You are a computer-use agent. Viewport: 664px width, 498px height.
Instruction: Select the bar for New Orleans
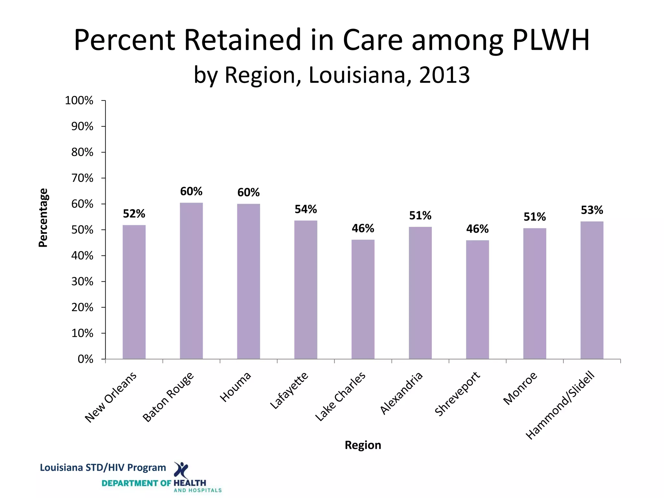(134, 292)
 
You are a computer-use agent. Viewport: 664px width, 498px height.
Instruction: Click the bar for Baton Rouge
(191, 281)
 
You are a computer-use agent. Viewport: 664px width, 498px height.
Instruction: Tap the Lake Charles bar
(363, 299)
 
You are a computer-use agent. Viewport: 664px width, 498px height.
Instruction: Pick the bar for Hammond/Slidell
(592, 290)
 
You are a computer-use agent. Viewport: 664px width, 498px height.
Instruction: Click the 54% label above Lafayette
(305, 209)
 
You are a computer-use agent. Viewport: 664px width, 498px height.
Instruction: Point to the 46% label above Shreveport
(477, 229)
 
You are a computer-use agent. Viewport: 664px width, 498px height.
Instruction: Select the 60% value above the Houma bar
(248, 193)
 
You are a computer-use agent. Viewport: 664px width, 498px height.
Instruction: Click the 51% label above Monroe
(535, 217)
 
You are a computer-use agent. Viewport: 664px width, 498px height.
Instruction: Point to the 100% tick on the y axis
(79, 101)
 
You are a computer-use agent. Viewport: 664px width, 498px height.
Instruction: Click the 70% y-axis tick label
(82, 178)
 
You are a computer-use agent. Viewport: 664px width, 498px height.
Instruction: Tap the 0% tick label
(85, 359)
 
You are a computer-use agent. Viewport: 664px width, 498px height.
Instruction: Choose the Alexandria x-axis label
(402, 393)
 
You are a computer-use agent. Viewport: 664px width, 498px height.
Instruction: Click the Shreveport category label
(457, 394)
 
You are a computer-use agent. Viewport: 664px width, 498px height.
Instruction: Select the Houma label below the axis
(236, 387)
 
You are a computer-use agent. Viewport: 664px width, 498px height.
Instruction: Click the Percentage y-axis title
(43, 218)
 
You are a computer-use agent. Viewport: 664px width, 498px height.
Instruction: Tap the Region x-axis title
(363, 445)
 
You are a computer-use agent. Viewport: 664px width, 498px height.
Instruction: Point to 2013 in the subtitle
(445, 75)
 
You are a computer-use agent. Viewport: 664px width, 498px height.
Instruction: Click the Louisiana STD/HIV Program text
(103, 468)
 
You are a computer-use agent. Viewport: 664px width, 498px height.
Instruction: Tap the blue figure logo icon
(181, 470)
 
